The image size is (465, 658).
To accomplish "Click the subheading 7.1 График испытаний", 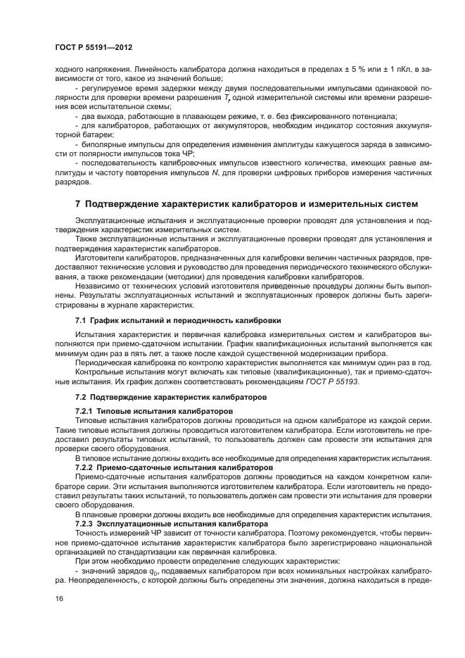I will click(178, 319).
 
